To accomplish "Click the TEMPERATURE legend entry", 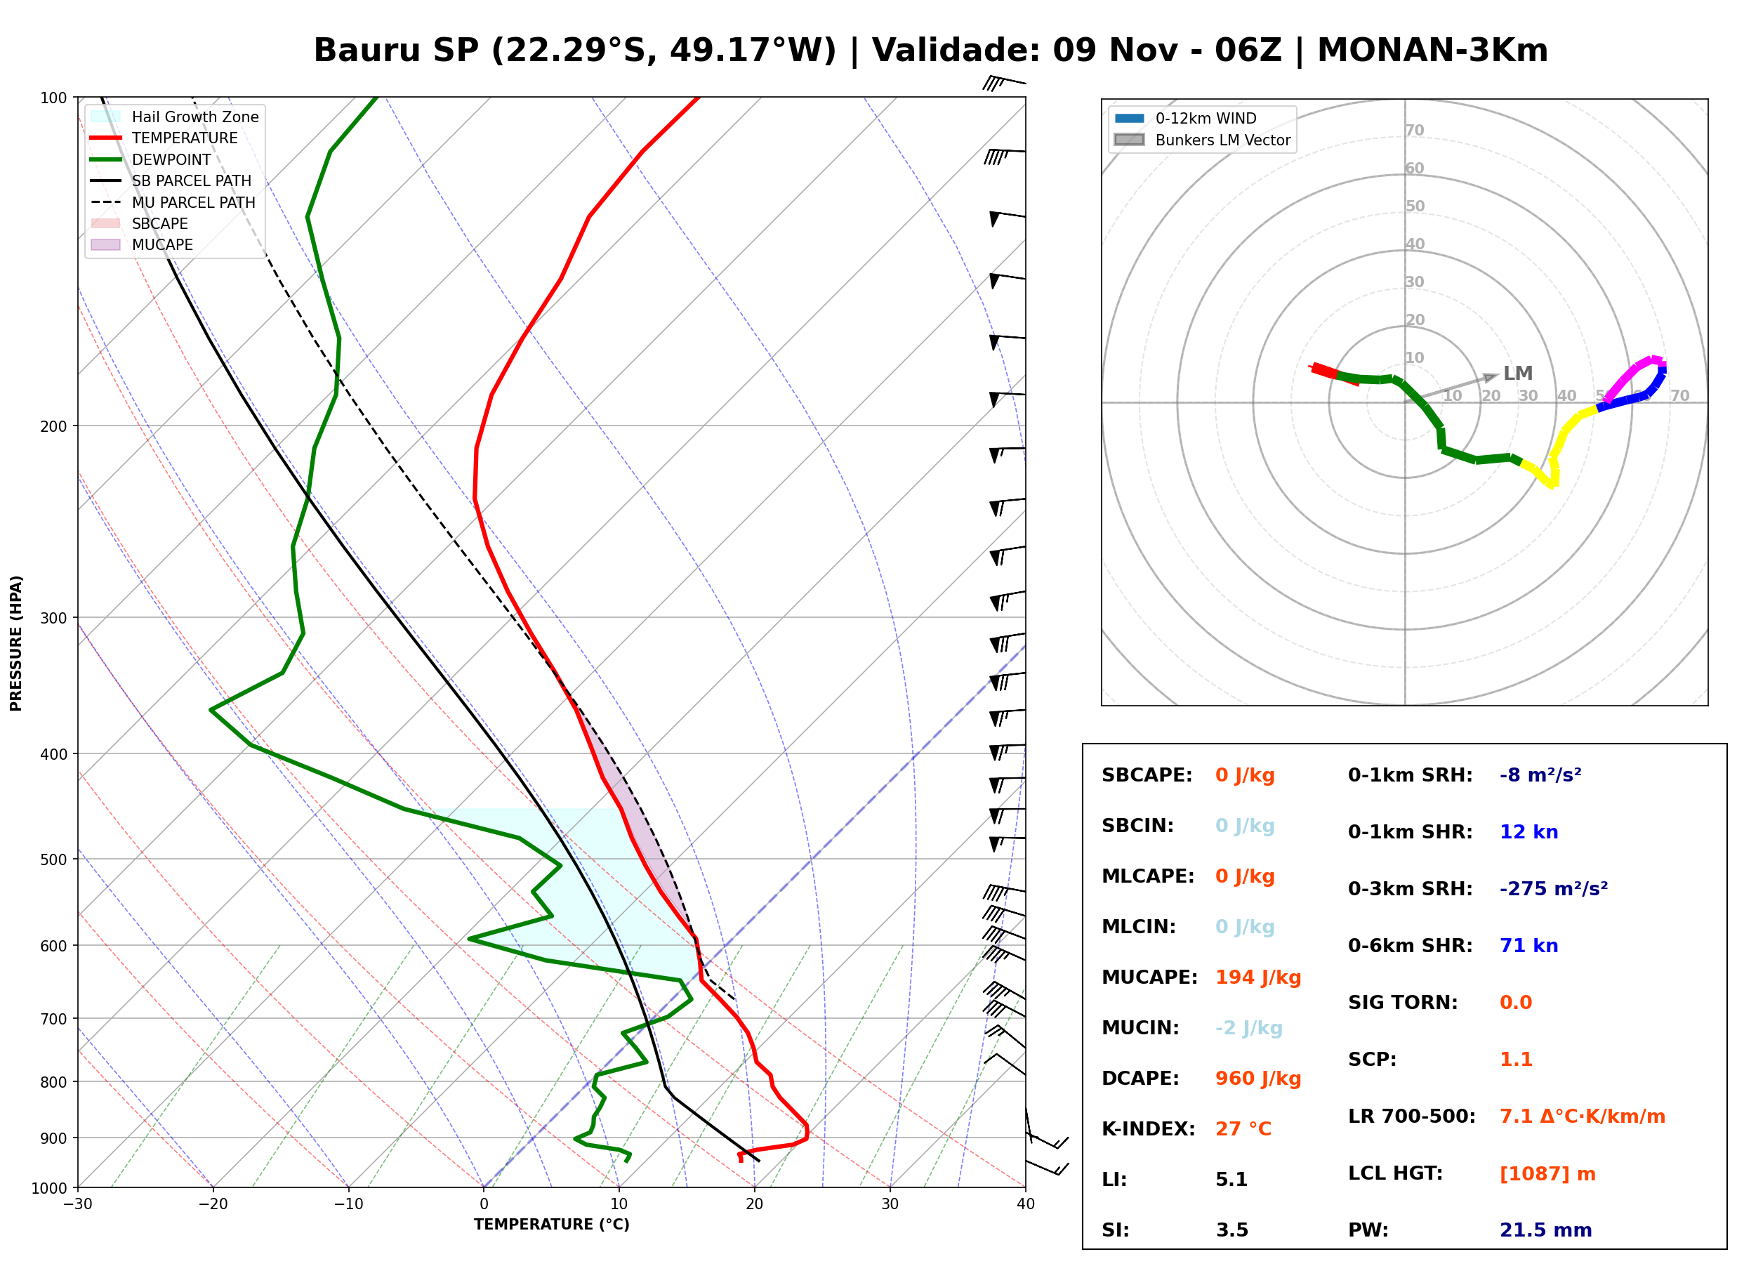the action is coord(164,138).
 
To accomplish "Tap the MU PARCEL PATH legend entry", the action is coord(173,202).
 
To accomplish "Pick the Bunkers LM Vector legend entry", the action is coord(1202,140).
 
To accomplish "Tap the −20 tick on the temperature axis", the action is coord(212,1204).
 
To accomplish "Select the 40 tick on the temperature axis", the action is coord(1026,1204).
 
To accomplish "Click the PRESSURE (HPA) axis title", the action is coord(16,643).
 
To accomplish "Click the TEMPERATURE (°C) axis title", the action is coord(552,1225).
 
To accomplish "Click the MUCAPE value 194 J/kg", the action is coord(1258,977).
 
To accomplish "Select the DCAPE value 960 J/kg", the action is coord(1258,1079).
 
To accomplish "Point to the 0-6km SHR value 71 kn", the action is coord(1528,946).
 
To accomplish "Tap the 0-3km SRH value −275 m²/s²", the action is coord(1554,888).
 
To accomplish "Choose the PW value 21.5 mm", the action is coord(1546,1230).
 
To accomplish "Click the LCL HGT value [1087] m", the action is coord(1547,1174).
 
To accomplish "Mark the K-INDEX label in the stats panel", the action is coord(1149,1128).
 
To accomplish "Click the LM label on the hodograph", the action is coord(1518,374).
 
